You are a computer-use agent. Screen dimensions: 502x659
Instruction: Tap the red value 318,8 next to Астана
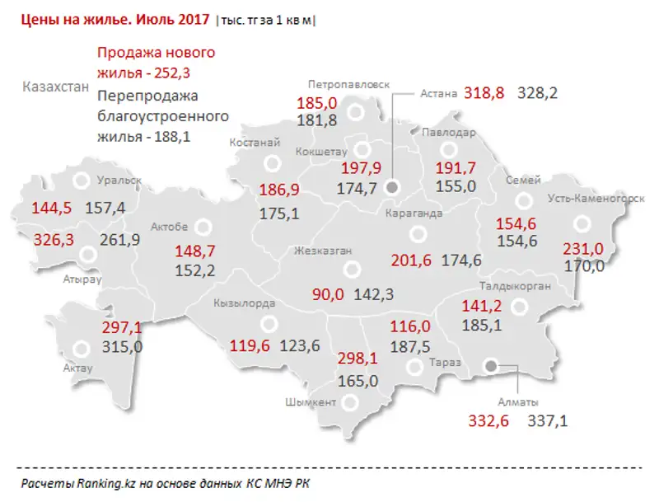point(485,93)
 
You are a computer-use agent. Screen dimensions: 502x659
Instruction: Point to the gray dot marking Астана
point(392,188)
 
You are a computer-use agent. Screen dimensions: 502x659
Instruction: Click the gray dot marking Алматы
point(491,365)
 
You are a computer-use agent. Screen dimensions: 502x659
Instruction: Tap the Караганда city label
point(414,213)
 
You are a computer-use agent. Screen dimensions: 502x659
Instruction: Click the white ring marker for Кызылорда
point(267,323)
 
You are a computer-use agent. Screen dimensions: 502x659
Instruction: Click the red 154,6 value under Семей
point(515,223)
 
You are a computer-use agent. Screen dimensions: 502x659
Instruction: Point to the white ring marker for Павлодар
point(448,150)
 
